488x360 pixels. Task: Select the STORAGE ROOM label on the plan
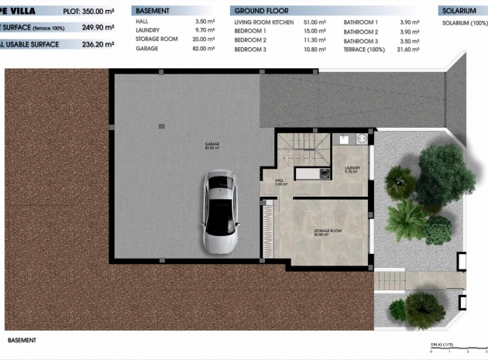[x=328, y=231]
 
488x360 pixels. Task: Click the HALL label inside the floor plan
[x=280, y=182]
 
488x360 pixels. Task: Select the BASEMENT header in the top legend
[x=153, y=12]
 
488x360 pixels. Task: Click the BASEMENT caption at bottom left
[x=21, y=339]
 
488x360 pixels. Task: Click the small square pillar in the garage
[x=161, y=125]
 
